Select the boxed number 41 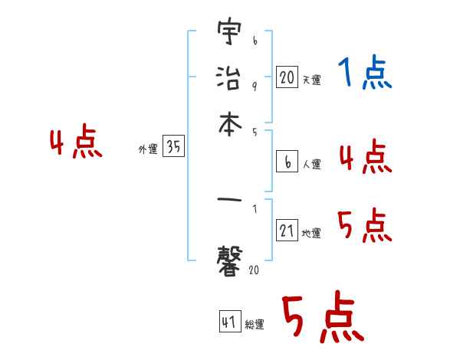click(x=229, y=322)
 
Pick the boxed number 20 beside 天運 click(x=287, y=77)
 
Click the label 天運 click(x=311, y=80)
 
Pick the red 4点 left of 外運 click(x=76, y=143)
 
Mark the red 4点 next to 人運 click(x=364, y=157)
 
